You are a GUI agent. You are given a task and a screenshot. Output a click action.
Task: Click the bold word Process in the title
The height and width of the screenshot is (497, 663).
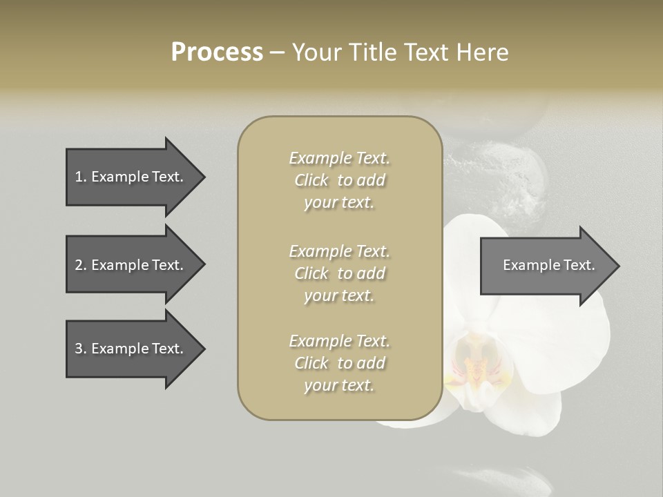pos(217,52)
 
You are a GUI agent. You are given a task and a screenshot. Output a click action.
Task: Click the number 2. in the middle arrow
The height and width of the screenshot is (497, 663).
pos(80,265)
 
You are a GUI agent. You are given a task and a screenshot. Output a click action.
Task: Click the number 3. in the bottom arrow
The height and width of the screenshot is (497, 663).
pos(80,349)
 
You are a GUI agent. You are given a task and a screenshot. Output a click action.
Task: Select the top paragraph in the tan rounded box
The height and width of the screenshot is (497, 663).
pos(339,180)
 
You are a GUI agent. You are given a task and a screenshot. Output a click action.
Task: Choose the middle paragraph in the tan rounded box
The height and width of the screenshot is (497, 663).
pos(339,273)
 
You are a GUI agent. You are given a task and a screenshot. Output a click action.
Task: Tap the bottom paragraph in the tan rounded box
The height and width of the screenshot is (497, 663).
pos(339,363)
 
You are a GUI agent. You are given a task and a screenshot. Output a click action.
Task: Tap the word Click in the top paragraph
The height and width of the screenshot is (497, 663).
pos(311,180)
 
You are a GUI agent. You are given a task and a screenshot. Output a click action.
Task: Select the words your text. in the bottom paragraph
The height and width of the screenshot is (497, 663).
pos(339,385)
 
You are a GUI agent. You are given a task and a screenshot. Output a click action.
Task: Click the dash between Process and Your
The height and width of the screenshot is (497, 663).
pos(278,52)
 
